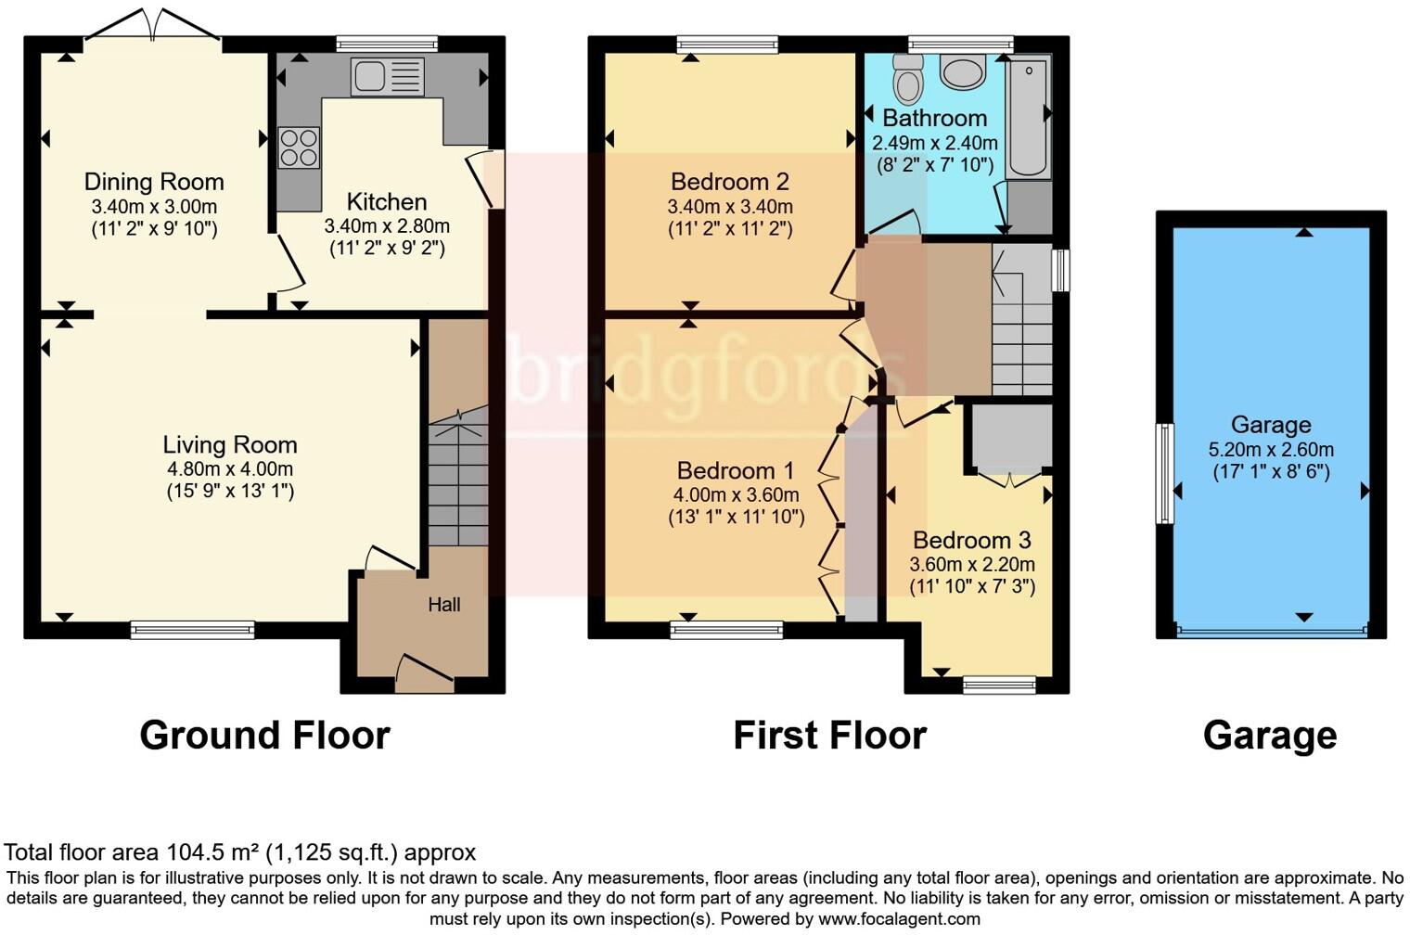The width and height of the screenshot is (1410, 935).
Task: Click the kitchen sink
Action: tap(387, 76)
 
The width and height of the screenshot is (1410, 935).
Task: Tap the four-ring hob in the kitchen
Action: tap(299, 148)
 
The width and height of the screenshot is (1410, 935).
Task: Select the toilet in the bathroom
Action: tap(909, 80)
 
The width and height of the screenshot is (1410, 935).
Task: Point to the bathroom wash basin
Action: tap(962, 71)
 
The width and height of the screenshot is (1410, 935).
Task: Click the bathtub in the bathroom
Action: tap(1028, 117)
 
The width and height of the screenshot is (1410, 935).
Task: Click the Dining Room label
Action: tap(154, 182)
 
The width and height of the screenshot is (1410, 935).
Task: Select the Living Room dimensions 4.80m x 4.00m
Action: tap(230, 468)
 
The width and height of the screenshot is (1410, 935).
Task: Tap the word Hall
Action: tap(443, 605)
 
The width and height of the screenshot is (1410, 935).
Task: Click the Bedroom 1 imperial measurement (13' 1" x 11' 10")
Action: tap(736, 518)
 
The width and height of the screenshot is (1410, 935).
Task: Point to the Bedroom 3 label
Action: tap(971, 540)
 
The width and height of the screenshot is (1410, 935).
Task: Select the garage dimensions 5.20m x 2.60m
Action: tap(1271, 450)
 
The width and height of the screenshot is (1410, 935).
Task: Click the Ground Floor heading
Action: tap(264, 735)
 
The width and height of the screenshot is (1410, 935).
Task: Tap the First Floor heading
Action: tap(829, 735)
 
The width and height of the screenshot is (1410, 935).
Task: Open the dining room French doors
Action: tap(153, 26)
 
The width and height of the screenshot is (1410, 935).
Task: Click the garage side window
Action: tap(1163, 473)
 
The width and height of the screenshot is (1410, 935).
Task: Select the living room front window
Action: tap(192, 630)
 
